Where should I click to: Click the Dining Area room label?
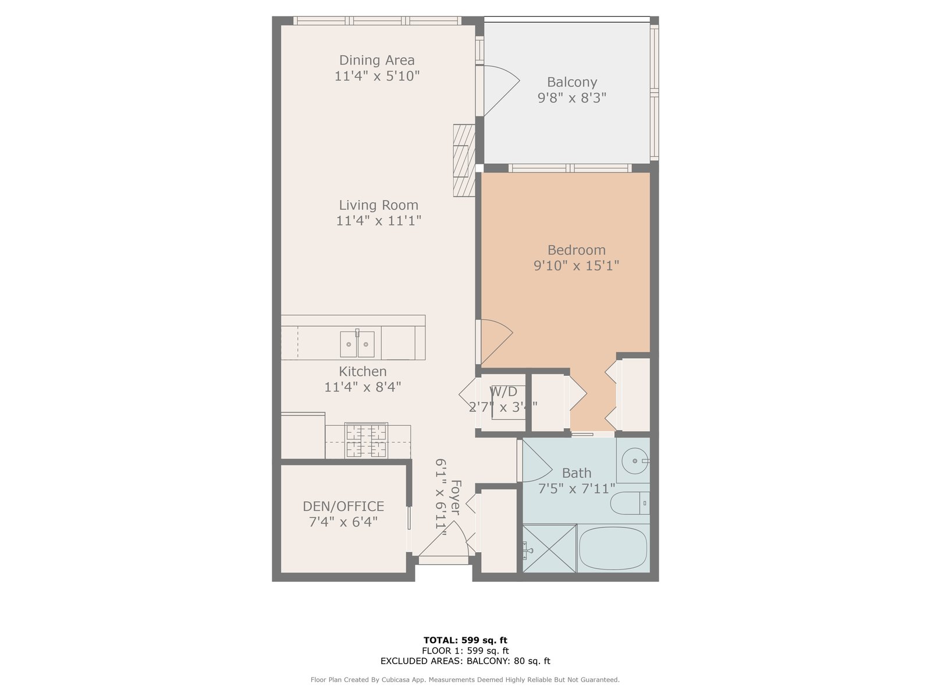[376, 60]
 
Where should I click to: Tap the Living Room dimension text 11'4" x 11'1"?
[378, 221]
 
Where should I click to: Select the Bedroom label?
[576, 250]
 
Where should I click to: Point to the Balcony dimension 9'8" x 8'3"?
[572, 98]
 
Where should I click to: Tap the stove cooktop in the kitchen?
[366, 440]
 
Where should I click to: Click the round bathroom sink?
[635, 461]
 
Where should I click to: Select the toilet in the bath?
[630, 503]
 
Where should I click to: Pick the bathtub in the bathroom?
[613, 548]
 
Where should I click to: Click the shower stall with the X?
[549, 548]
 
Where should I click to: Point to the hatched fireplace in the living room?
[464, 160]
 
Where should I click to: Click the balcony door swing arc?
[502, 90]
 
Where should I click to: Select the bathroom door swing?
[536, 461]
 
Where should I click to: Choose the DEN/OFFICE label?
[343, 506]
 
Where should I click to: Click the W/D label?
[503, 391]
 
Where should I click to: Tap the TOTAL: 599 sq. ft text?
[465, 640]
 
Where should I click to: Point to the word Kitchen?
[363, 372]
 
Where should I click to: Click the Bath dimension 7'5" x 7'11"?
[577, 489]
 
